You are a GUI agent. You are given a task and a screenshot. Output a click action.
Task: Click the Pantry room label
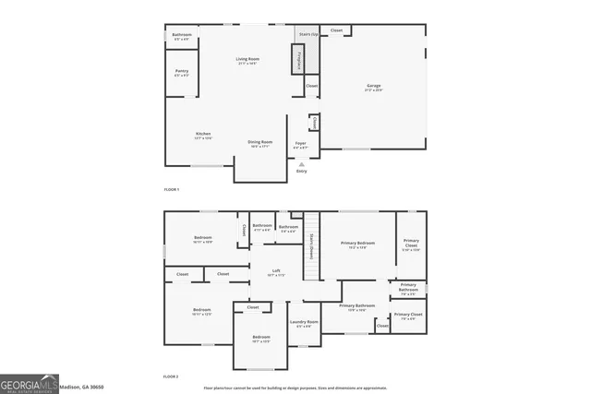pos(182,72)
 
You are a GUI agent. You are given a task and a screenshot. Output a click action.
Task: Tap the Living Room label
pos(247,60)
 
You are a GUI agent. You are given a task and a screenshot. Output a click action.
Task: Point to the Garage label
pos(374,86)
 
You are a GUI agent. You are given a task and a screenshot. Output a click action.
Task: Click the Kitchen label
pos(203,135)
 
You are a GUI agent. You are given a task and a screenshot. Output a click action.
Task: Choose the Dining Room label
pos(259,143)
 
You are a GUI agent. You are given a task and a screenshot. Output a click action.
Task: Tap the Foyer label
pos(300,144)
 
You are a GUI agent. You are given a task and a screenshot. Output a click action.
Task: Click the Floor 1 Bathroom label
pos(182,36)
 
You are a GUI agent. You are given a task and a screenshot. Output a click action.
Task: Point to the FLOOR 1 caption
pos(172,189)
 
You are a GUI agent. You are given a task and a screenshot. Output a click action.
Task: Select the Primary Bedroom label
pos(356,245)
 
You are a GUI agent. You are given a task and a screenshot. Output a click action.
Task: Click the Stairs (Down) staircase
pos(313,242)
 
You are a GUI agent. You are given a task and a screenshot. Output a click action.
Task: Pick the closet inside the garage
pos(336,30)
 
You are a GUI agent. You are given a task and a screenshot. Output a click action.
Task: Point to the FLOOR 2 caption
pos(172,376)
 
